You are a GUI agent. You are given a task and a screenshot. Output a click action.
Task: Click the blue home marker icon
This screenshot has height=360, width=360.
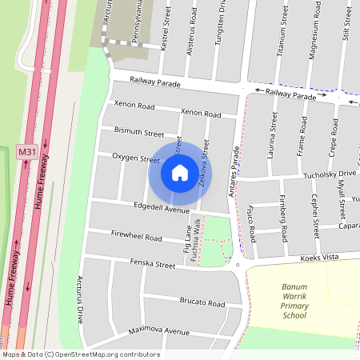(x=179, y=173)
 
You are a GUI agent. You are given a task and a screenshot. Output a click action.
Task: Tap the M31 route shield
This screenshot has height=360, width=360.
(x=27, y=151)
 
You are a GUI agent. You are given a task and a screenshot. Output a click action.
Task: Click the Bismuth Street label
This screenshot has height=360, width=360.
(x=138, y=131)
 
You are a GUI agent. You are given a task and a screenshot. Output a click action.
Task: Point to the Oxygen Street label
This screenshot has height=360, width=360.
(x=136, y=158)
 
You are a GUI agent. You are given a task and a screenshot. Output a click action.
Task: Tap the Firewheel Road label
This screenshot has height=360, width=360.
(x=137, y=237)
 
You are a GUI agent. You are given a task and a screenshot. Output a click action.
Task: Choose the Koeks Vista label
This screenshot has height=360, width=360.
(x=322, y=258)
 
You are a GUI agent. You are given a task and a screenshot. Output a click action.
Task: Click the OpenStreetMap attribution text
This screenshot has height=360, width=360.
(x=80, y=354)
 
